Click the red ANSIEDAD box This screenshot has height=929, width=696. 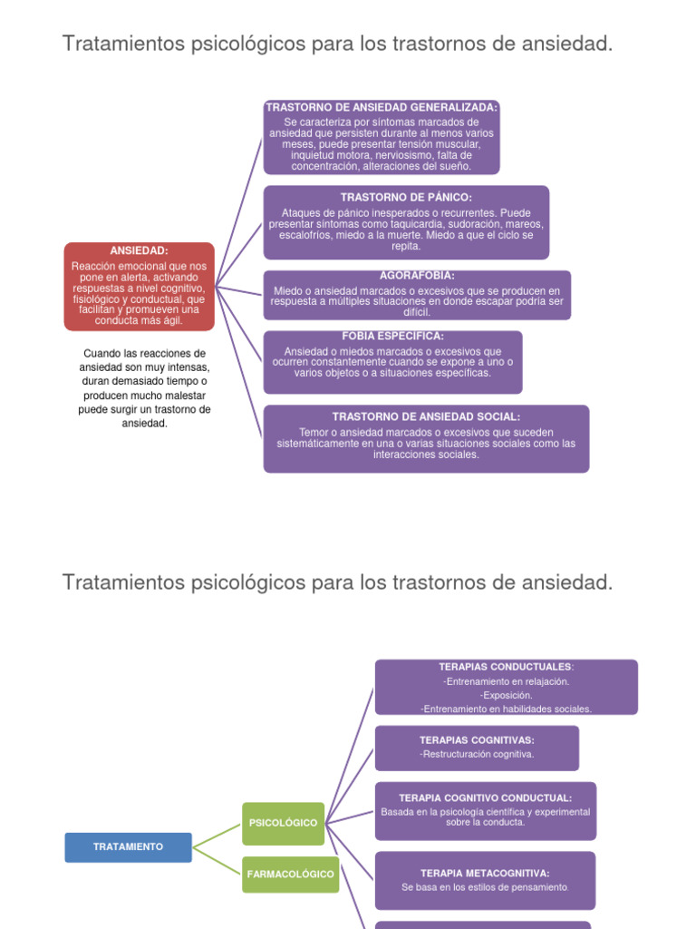coord(140,286)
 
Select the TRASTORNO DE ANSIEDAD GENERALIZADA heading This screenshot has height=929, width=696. coord(382,107)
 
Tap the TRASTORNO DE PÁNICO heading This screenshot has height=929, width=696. coord(406,197)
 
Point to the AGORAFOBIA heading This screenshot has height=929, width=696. coord(417,275)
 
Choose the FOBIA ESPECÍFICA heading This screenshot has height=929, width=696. coord(392,336)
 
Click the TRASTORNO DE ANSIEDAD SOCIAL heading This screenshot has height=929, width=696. coord(426,416)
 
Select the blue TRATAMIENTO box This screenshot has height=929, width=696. coord(129,846)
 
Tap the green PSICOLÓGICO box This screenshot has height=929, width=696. coord(284,823)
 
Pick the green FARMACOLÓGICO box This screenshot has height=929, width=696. coord(290,875)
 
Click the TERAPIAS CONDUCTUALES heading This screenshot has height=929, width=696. coord(506,667)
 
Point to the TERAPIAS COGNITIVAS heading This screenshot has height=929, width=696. coord(477,740)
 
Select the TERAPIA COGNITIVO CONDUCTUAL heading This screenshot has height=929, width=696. coord(485,797)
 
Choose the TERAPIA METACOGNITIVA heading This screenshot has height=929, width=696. coord(485,873)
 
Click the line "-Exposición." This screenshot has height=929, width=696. coord(506,695)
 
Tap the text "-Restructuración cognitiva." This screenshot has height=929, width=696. coord(477,754)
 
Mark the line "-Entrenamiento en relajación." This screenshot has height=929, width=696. coord(506,681)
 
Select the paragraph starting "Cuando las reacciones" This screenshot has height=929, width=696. coord(145,387)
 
